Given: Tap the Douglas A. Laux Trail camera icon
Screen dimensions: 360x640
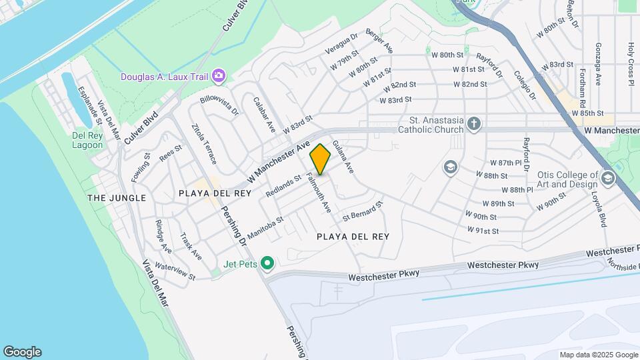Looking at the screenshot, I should (218, 77).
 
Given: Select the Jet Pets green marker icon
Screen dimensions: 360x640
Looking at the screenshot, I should (267, 264).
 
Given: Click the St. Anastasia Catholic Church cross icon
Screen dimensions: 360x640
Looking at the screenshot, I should (473, 123).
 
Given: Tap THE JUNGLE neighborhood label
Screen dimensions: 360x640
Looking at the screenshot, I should (116, 198).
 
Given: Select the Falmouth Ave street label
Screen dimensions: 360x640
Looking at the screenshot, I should (318, 193).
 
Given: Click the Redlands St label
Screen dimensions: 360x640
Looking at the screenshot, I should (283, 186).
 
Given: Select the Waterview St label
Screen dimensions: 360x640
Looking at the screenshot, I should (175, 271).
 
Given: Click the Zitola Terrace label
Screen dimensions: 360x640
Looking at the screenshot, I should (203, 143).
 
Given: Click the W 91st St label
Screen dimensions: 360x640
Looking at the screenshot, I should (483, 231).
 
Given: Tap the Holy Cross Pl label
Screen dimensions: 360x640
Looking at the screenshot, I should (630, 64).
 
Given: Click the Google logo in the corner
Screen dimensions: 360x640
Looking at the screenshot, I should (22, 352).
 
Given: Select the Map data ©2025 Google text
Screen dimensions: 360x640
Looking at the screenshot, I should (598, 355).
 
